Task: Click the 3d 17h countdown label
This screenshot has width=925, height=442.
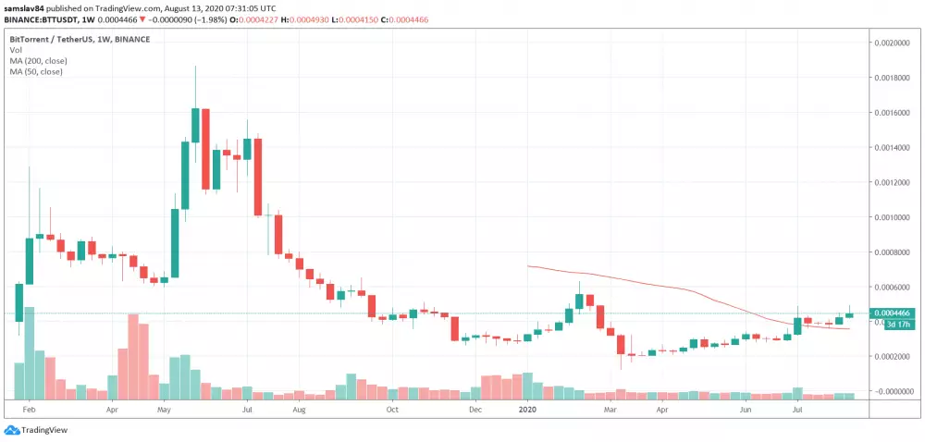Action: (895, 325)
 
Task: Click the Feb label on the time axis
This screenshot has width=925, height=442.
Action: (29, 407)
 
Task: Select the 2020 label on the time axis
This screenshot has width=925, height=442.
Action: (528, 407)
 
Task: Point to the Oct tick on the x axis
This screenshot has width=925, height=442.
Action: (392, 407)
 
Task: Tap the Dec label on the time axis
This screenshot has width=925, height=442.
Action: (475, 407)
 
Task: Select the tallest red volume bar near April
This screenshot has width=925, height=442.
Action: (133, 356)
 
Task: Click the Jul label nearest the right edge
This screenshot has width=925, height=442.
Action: (797, 407)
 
